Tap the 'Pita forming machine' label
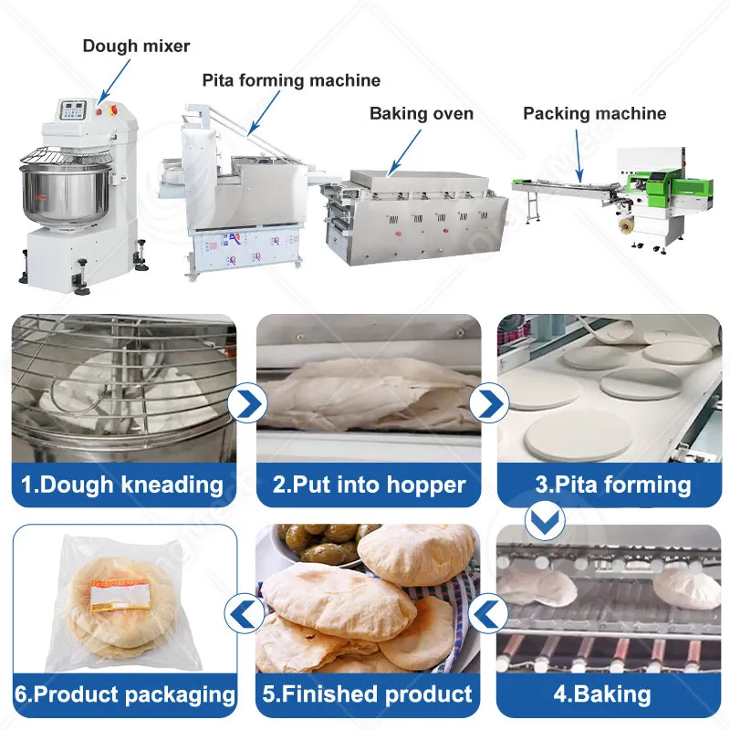[x=292, y=81]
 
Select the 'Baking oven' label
[x=422, y=114]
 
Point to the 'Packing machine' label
[x=594, y=114]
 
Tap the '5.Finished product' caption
[x=367, y=694]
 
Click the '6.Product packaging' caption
[x=126, y=694]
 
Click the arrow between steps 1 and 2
[x=246, y=402]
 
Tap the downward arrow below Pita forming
[x=545, y=521]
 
